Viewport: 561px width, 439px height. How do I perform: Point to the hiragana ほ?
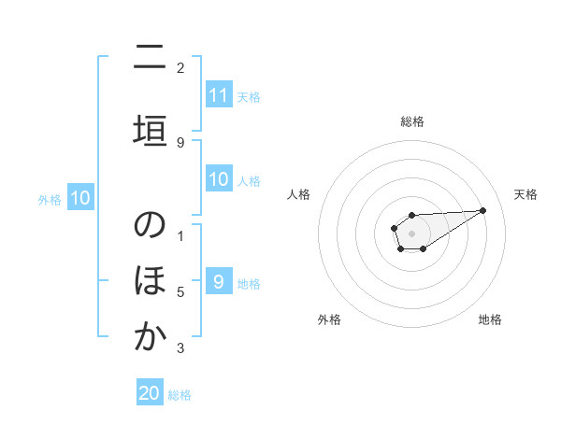[x=150, y=281]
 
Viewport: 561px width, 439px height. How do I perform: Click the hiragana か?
[x=150, y=337]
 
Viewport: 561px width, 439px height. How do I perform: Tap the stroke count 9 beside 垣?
[x=180, y=142]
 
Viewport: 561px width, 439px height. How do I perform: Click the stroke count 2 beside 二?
[x=180, y=67]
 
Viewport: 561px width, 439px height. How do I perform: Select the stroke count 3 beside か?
[x=180, y=348]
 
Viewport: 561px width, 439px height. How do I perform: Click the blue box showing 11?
[x=218, y=94]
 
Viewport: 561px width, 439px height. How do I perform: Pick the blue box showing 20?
[x=150, y=393]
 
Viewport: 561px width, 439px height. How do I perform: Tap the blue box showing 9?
[x=218, y=281]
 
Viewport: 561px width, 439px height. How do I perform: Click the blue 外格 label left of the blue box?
[x=49, y=199]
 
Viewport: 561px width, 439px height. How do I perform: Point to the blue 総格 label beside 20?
[x=180, y=395]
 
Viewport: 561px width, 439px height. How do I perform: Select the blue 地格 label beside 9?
[x=249, y=283]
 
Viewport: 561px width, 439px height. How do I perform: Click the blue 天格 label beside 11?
[x=249, y=96]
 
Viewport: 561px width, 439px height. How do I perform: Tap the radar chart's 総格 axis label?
[x=411, y=121]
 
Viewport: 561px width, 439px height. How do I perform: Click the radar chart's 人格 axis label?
[x=298, y=194]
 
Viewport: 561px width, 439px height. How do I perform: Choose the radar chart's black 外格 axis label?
[x=329, y=319]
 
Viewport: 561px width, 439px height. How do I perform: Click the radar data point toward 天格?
[x=482, y=210]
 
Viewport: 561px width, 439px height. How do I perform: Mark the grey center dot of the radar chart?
[x=411, y=233]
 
